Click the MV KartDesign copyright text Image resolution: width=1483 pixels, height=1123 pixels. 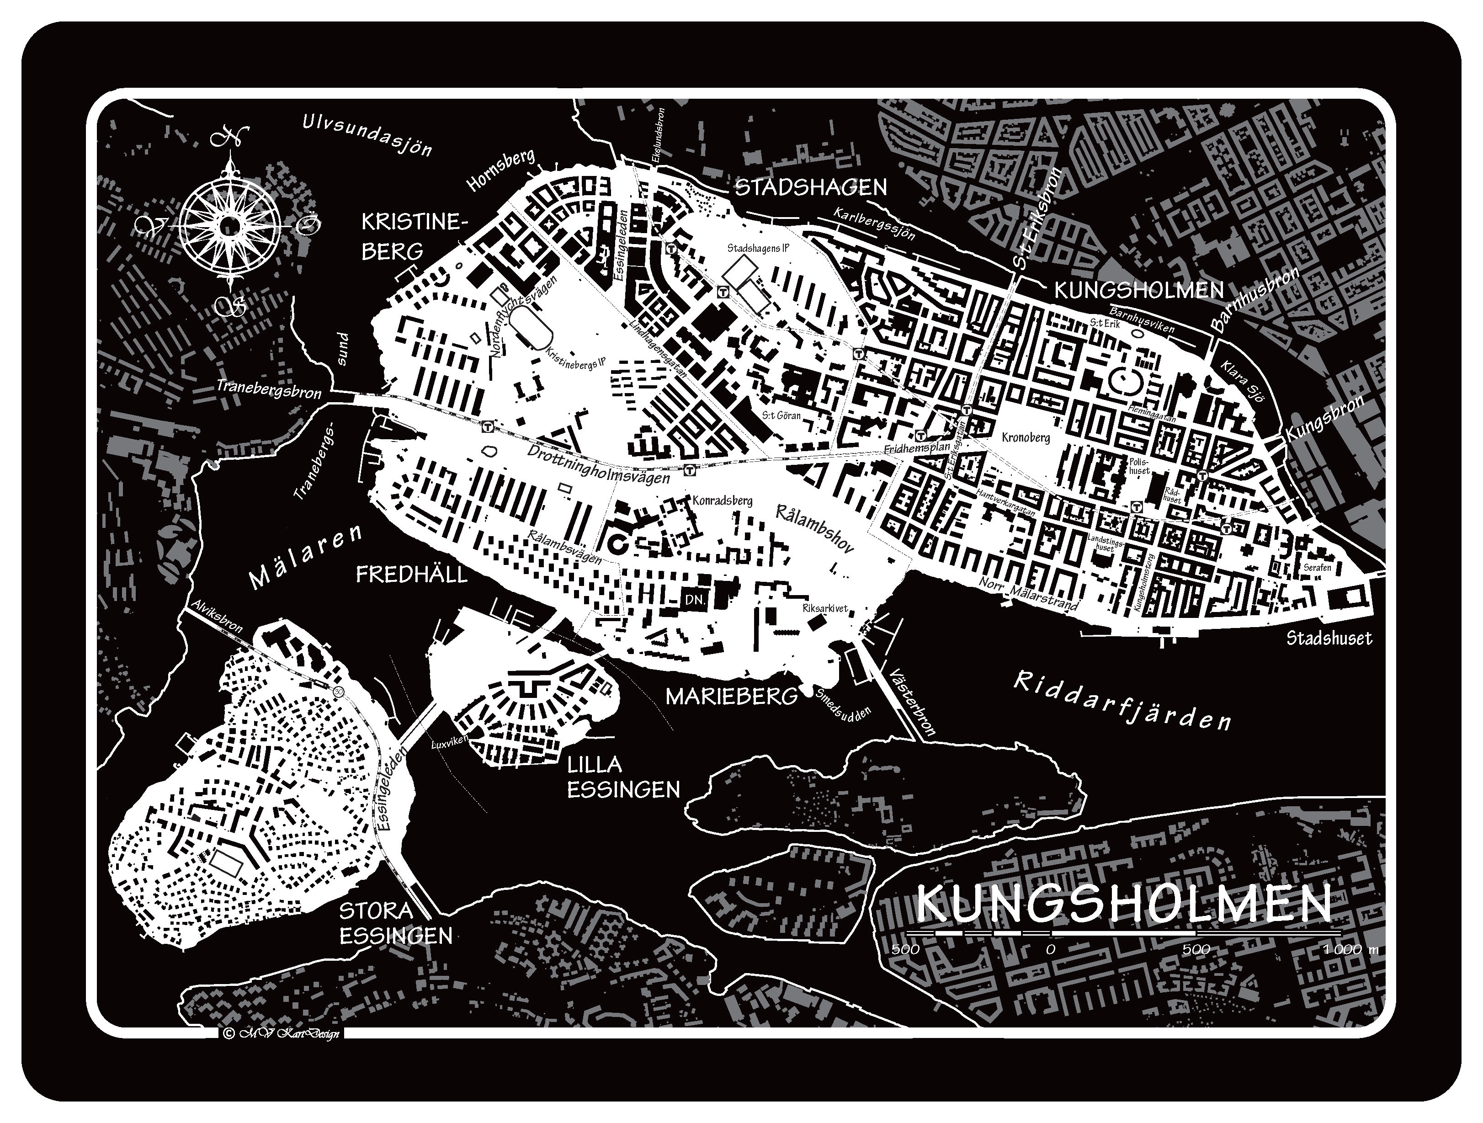point(281,1033)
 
